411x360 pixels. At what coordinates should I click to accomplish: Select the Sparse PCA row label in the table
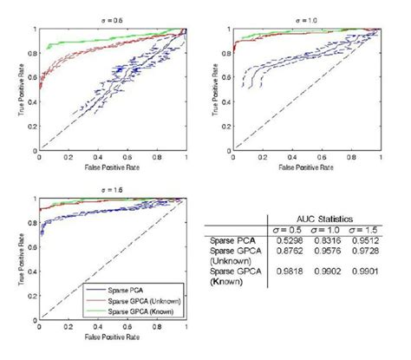227,240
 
